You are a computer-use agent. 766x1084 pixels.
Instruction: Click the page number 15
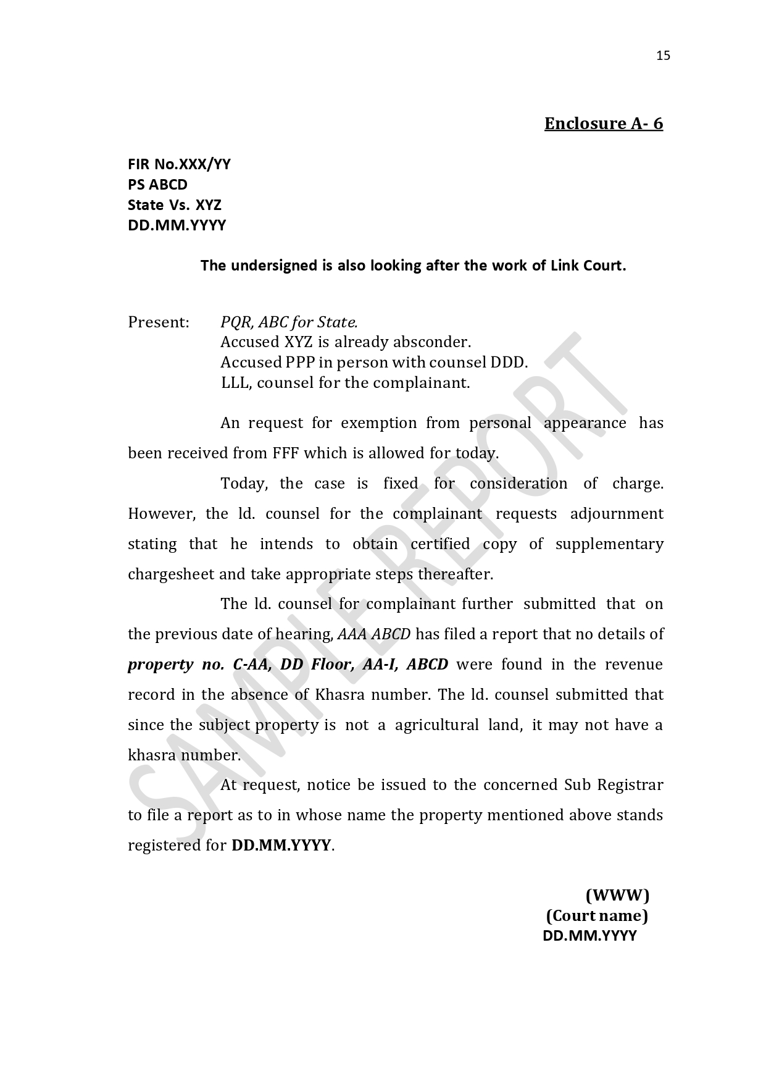coord(663,56)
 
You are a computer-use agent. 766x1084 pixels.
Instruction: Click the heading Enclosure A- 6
coord(603,124)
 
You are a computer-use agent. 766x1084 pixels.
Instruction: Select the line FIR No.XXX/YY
coord(179,164)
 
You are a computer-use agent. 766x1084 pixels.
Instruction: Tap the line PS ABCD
coord(157,185)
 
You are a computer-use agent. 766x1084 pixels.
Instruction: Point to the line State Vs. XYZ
coord(174,205)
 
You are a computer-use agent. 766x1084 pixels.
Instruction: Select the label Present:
coord(158,322)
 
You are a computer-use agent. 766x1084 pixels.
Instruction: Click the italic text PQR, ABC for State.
coord(289,322)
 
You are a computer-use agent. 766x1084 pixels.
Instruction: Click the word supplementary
coord(609,544)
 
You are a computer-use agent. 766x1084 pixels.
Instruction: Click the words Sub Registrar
coord(614,785)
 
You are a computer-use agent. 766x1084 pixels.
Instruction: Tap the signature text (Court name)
coord(597,915)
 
